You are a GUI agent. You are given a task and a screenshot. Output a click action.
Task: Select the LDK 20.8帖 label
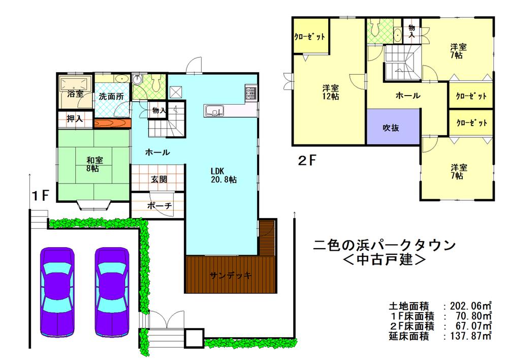[x=222, y=174]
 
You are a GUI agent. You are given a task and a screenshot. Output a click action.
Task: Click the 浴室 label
[x=75, y=94]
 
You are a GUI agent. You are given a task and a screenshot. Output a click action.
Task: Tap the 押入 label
[x=75, y=119]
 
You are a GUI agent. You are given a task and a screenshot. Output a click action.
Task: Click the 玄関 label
[x=157, y=179]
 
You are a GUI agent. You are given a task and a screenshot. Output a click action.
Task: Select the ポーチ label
[x=158, y=206]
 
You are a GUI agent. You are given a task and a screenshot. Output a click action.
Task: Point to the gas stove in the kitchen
[x=251, y=93]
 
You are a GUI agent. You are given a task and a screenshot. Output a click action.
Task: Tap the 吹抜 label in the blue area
[x=391, y=128]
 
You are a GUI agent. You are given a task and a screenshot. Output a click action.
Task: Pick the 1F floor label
[x=41, y=195]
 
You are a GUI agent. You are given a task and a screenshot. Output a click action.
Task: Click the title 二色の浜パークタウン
[x=384, y=245]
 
